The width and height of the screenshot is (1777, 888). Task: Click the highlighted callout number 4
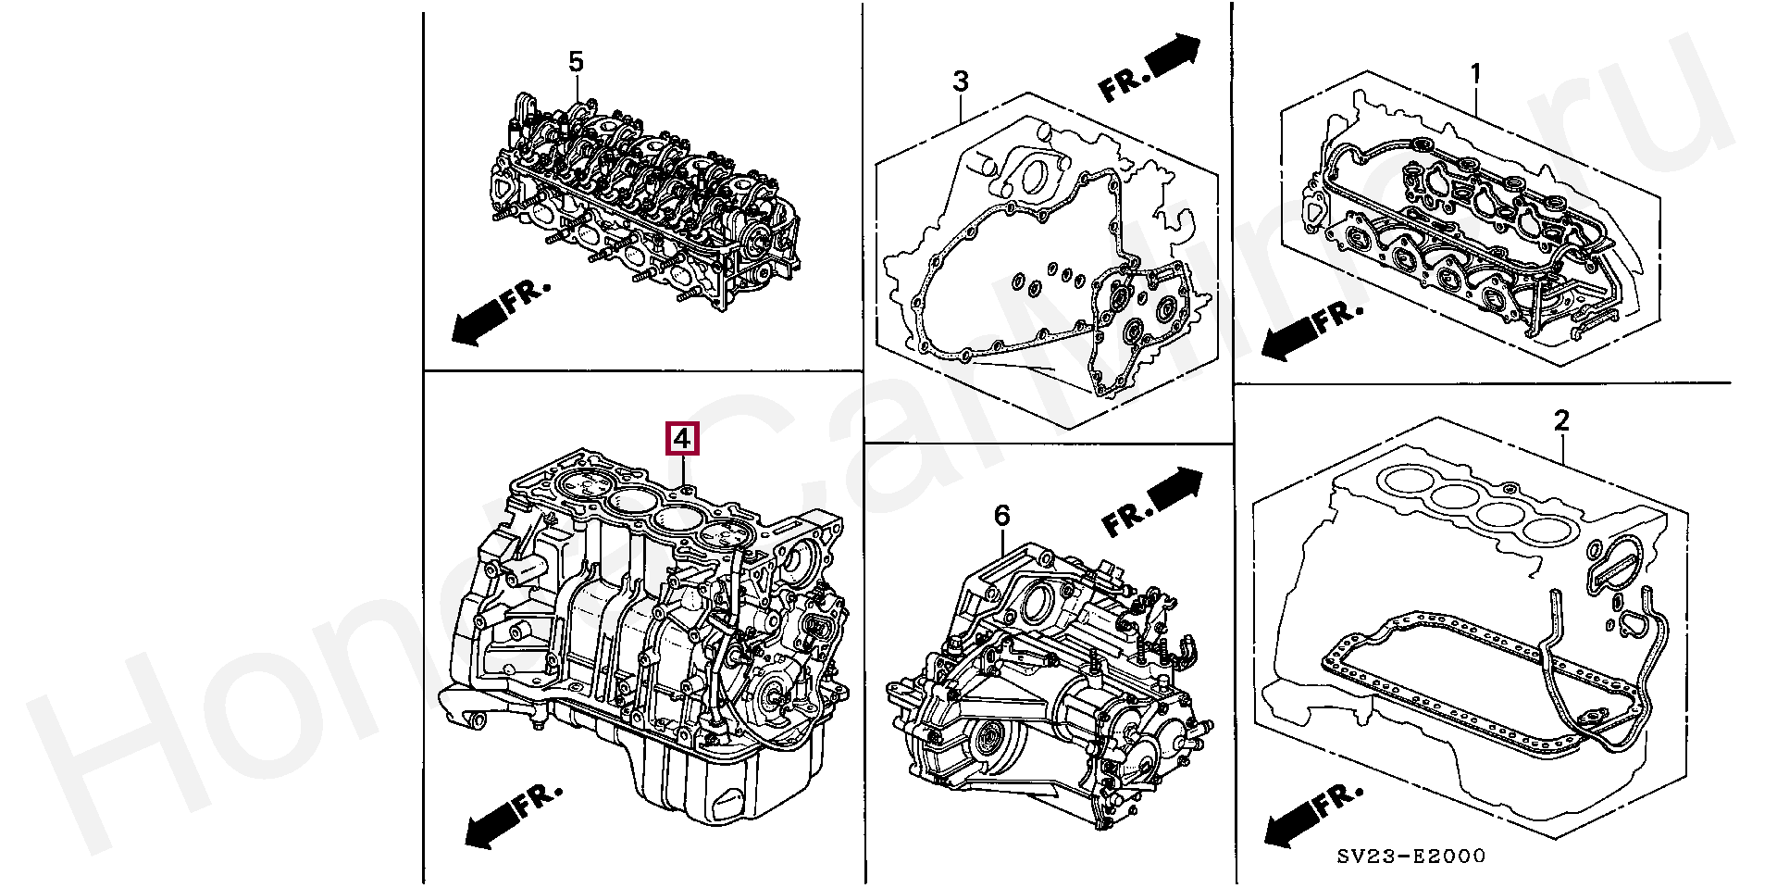[682, 438]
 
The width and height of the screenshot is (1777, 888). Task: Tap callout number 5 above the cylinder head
[576, 62]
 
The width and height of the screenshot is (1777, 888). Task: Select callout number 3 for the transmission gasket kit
[961, 81]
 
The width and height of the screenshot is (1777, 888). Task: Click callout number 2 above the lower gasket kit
[1561, 421]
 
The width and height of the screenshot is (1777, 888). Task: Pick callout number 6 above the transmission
[1002, 516]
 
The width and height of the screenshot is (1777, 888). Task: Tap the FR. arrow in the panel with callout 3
[1149, 67]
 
